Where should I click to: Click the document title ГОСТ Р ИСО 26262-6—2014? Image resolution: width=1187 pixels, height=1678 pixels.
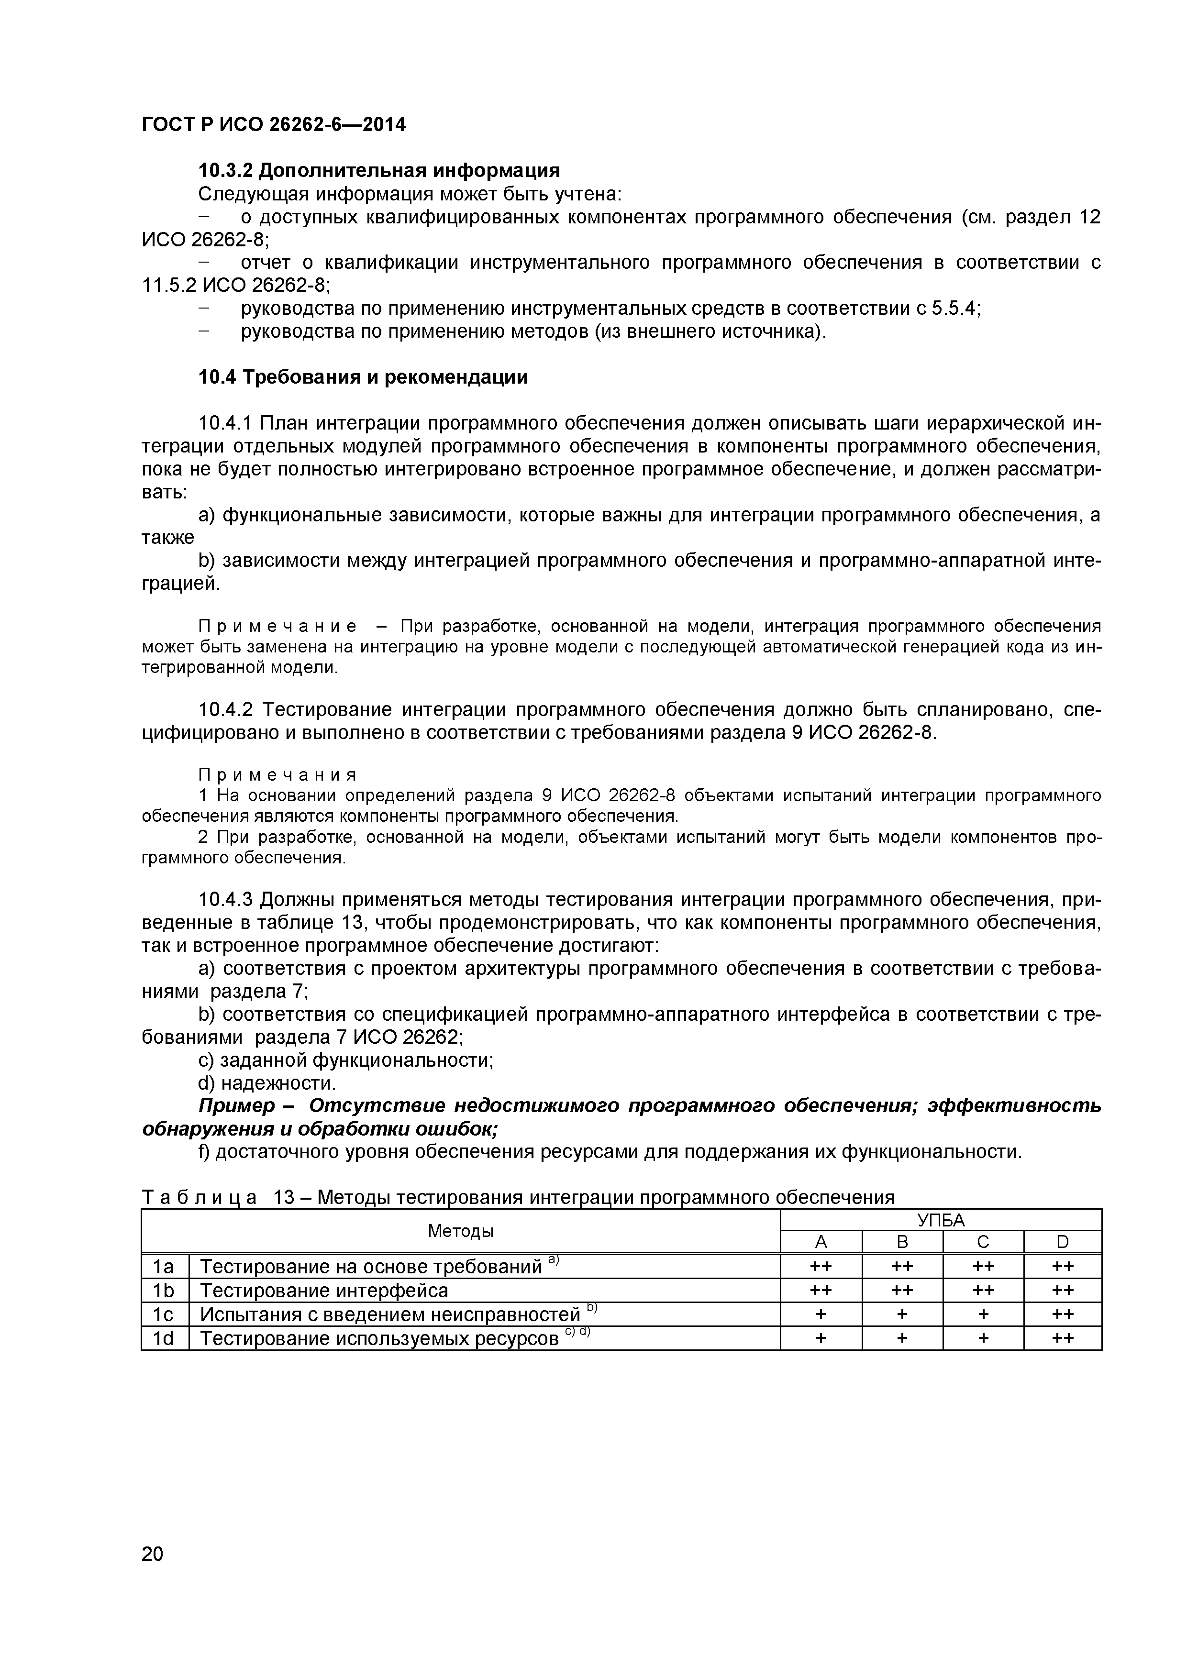[x=273, y=125]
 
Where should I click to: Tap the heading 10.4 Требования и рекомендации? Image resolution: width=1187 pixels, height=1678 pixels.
[x=363, y=377]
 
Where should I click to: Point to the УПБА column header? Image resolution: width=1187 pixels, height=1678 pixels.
[x=941, y=1220]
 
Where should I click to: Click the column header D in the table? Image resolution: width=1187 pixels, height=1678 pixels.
[x=1062, y=1242]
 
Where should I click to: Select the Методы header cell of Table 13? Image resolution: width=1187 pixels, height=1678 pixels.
[x=460, y=1231]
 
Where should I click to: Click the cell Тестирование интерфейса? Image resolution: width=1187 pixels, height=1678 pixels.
[x=324, y=1291]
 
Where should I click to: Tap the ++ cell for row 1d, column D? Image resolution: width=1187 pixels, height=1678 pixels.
[x=1062, y=1338]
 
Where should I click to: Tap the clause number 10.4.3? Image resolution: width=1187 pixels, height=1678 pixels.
[x=225, y=900]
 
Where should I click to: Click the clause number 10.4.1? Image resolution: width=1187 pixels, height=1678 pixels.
[x=225, y=423]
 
